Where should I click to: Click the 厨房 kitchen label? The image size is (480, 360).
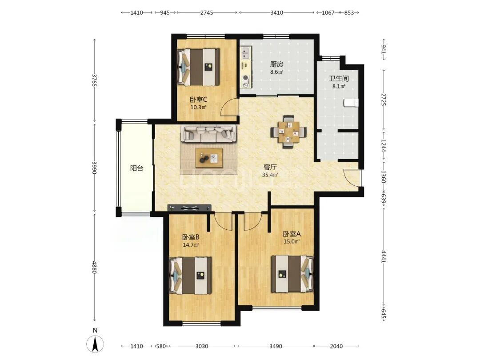276,64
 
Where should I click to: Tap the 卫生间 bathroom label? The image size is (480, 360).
339,79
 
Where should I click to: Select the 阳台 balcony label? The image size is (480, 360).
136,168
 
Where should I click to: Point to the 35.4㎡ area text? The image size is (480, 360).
270,175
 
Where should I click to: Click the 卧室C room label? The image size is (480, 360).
198,100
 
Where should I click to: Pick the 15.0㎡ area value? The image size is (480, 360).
292,241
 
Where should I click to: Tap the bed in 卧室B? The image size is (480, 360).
190,276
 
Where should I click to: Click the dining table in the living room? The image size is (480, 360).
288,132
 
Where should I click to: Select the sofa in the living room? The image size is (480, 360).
209,133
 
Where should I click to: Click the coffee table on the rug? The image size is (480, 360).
209,158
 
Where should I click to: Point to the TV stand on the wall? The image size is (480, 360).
190,208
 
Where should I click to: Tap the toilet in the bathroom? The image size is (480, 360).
351,103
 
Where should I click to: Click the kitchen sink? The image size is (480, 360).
245,52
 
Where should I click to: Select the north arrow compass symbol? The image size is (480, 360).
95,344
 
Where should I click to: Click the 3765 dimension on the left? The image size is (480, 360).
94,80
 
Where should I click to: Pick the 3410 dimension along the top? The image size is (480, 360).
277,12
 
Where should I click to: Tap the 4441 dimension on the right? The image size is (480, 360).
383,256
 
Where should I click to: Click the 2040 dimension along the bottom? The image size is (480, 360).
336,346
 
